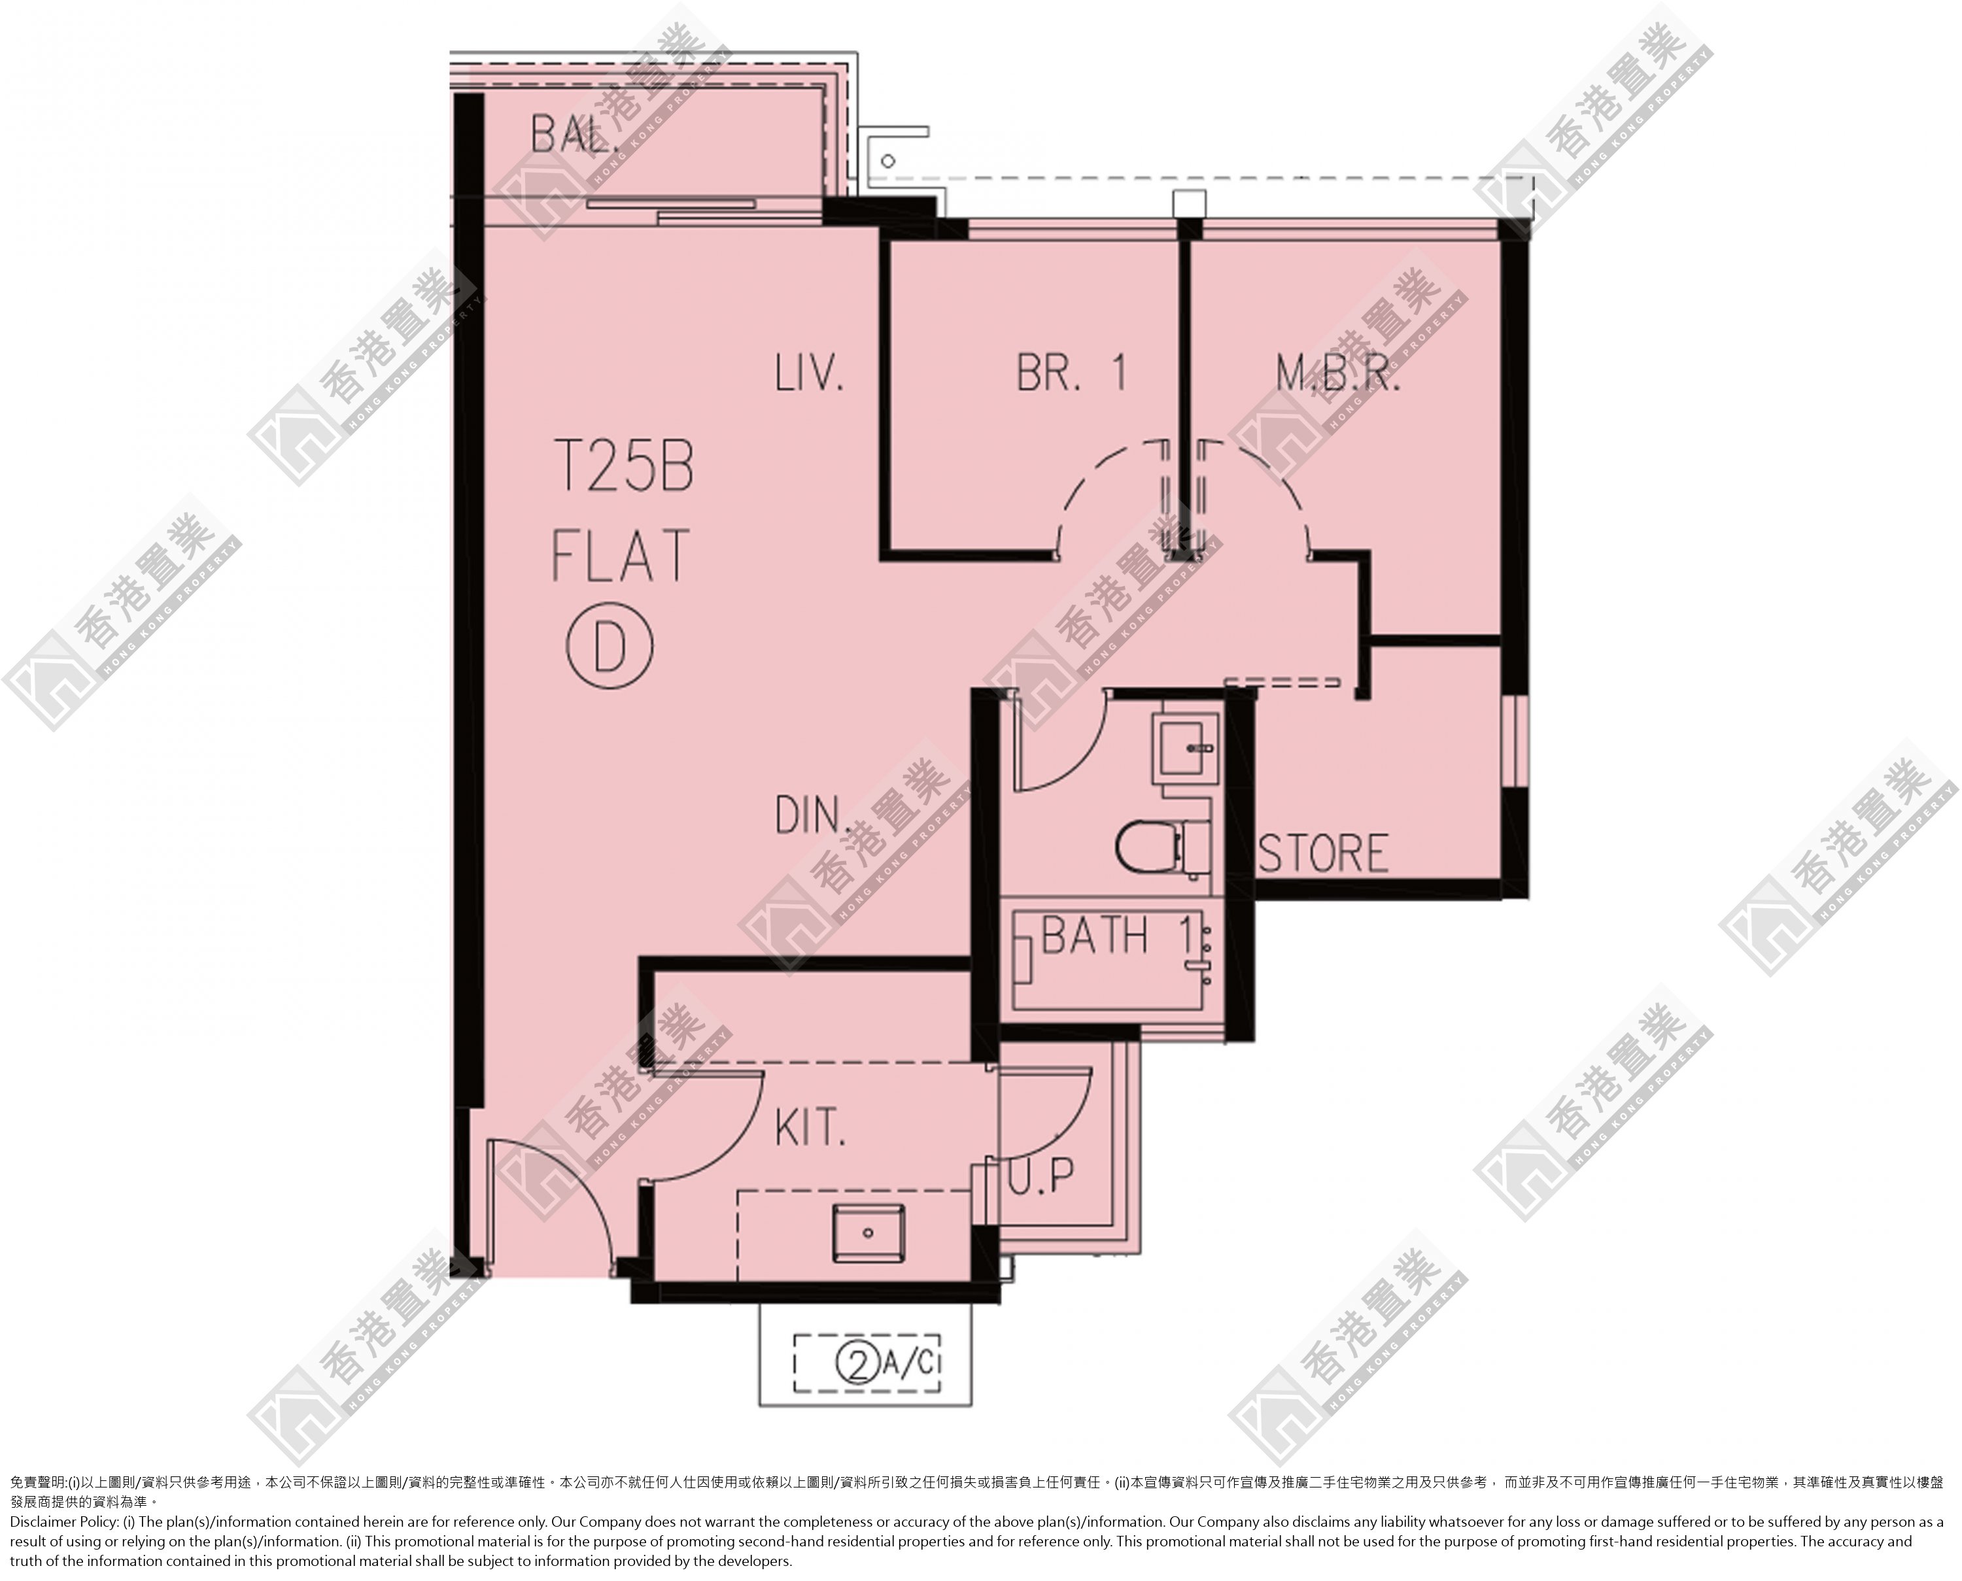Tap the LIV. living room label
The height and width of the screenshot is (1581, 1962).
click(x=810, y=373)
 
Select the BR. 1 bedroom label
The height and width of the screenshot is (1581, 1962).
click(x=1072, y=373)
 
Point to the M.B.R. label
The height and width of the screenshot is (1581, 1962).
click(x=1338, y=373)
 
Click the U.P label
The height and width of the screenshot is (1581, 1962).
click(x=1041, y=1176)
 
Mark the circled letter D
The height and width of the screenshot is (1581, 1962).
click(x=610, y=647)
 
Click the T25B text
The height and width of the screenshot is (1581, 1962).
click(x=624, y=467)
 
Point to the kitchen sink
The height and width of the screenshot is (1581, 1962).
click(x=868, y=1233)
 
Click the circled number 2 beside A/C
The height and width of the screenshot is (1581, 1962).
click(x=856, y=1364)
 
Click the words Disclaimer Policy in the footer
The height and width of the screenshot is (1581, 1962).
click(x=60, y=1521)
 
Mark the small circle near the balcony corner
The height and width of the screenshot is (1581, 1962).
click(x=888, y=160)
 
